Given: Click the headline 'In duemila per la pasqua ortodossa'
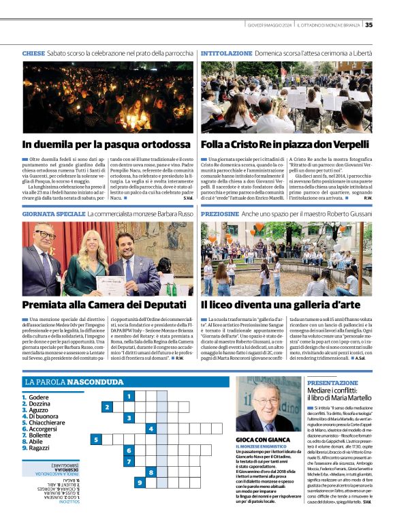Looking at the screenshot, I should click(106, 144).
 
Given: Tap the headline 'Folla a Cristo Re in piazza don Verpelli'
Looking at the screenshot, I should click(286, 144).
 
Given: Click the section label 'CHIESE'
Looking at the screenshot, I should click(33, 52).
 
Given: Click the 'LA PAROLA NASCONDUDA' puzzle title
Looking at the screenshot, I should click(74, 382).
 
